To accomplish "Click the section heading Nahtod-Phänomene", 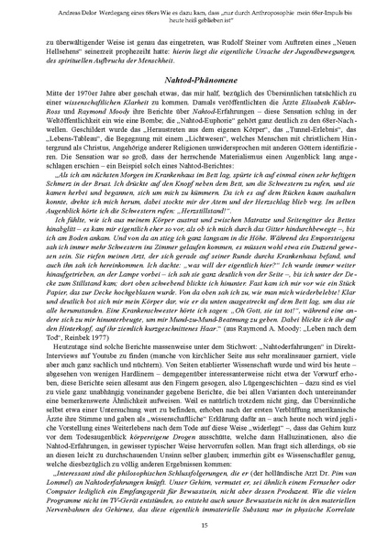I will [x=194, y=81].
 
